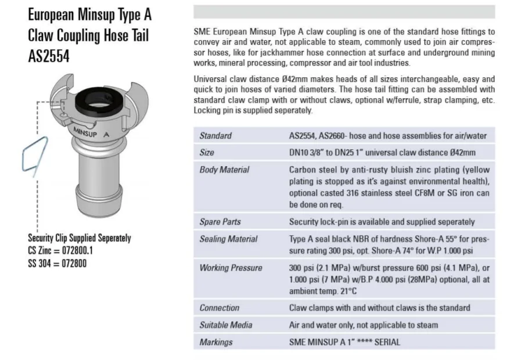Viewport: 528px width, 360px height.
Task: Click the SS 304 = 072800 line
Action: tap(58, 262)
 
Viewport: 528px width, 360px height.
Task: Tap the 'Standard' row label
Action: tap(215, 136)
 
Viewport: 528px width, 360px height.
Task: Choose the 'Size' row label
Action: tap(207, 153)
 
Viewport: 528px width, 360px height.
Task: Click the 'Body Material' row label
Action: tap(224, 170)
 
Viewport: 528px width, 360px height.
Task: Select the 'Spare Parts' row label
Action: tap(220, 222)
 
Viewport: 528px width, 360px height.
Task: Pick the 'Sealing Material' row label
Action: tap(228, 239)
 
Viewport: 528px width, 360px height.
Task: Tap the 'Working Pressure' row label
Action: tap(231, 268)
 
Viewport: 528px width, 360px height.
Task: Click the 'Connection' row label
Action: tap(219, 308)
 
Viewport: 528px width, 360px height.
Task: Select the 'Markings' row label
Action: tap(216, 342)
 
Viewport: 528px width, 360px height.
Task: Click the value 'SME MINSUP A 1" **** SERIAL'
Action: tap(344, 342)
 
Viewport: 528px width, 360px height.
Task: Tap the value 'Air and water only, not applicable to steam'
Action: tap(364, 325)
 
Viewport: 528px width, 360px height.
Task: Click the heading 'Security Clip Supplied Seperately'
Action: tap(80, 238)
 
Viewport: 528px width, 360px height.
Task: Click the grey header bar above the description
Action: tap(344, 12)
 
